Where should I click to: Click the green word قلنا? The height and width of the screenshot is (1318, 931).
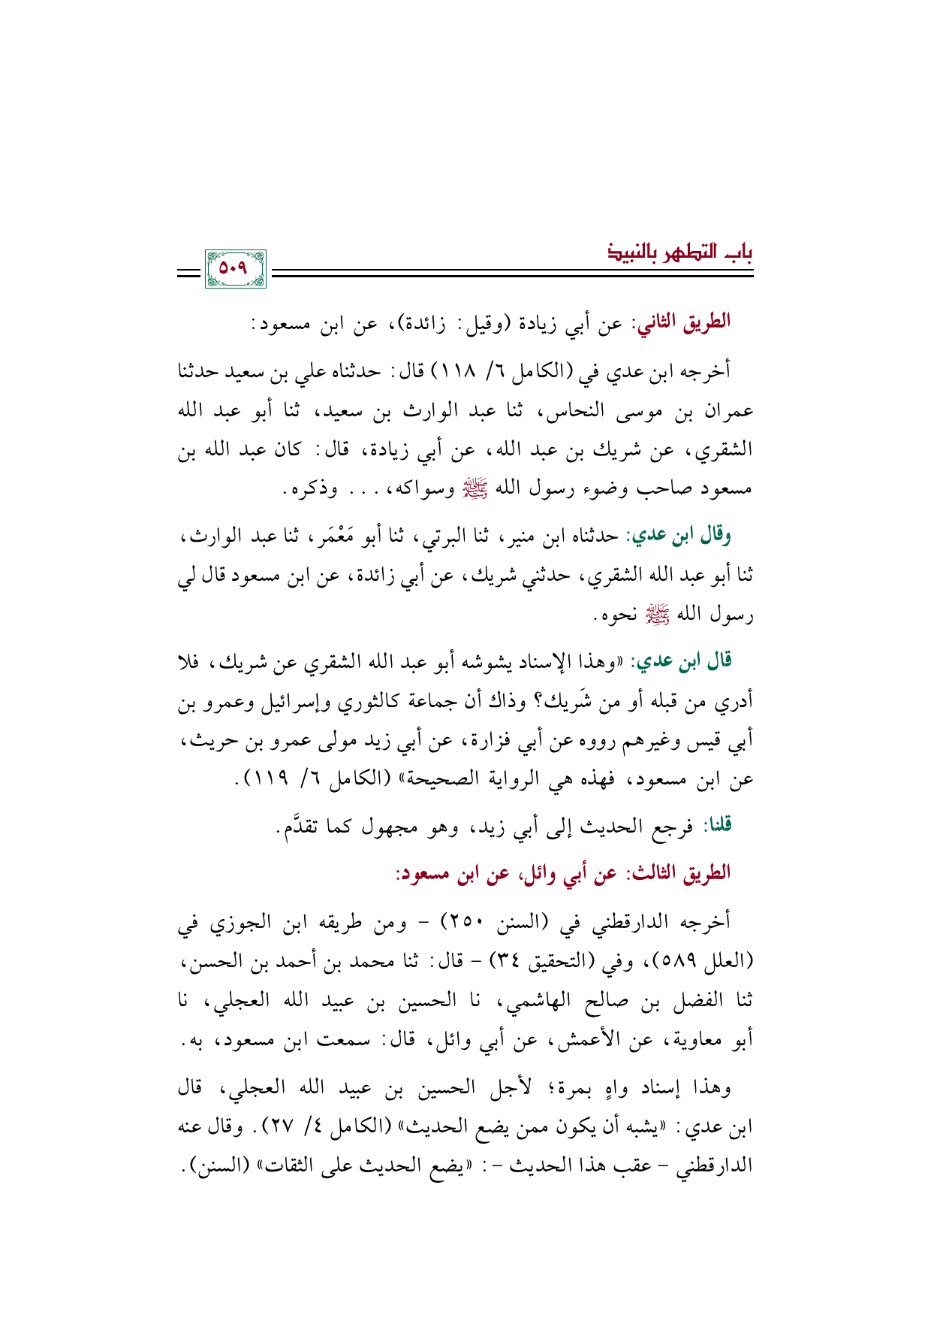716,827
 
